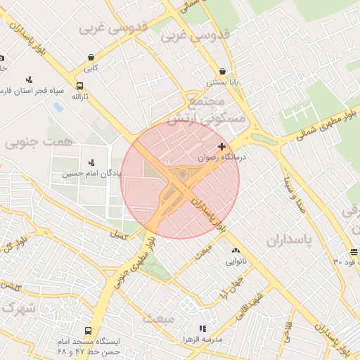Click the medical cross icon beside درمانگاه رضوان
222,147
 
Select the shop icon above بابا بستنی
223,71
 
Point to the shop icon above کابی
91,58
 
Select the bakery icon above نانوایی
236,250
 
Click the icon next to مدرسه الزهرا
202,328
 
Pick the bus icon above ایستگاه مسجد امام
88,330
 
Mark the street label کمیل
120,235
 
